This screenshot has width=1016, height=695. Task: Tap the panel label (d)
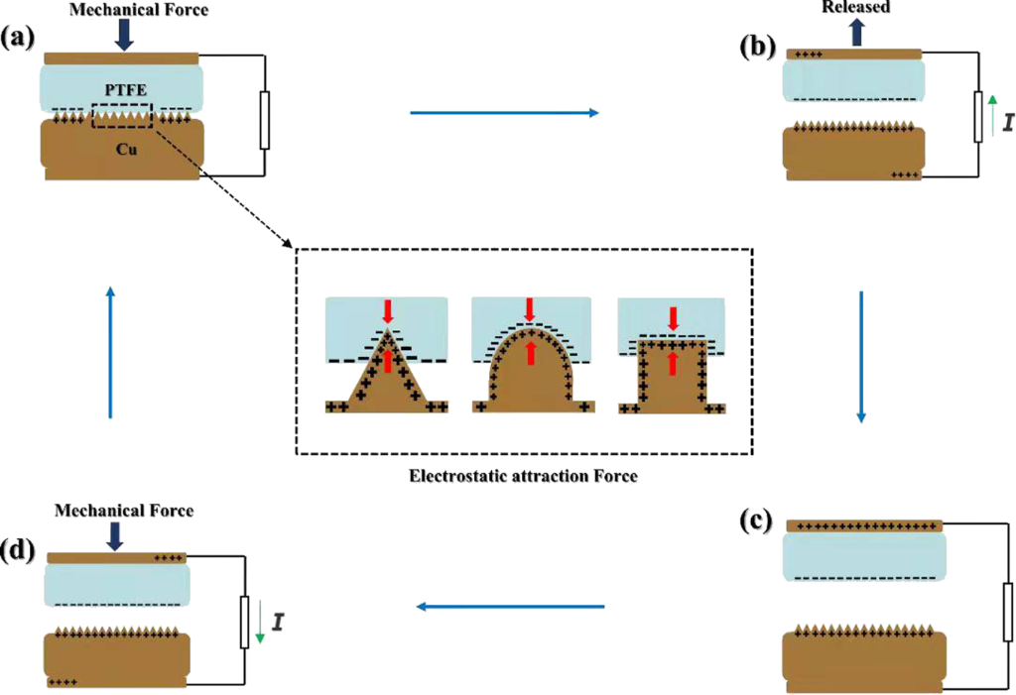(21, 551)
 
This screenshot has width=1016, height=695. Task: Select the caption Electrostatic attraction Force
(523, 475)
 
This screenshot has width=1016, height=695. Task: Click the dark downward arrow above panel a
(125, 36)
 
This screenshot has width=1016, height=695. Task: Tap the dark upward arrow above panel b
(854, 33)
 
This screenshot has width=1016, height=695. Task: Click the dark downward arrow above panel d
(116, 535)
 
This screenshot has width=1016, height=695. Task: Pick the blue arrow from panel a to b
(504, 113)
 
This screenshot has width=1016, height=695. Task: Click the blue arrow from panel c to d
(510, 606)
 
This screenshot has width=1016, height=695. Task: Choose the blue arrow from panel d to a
(110, 351)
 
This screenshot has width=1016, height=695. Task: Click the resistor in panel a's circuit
(264, 120)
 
